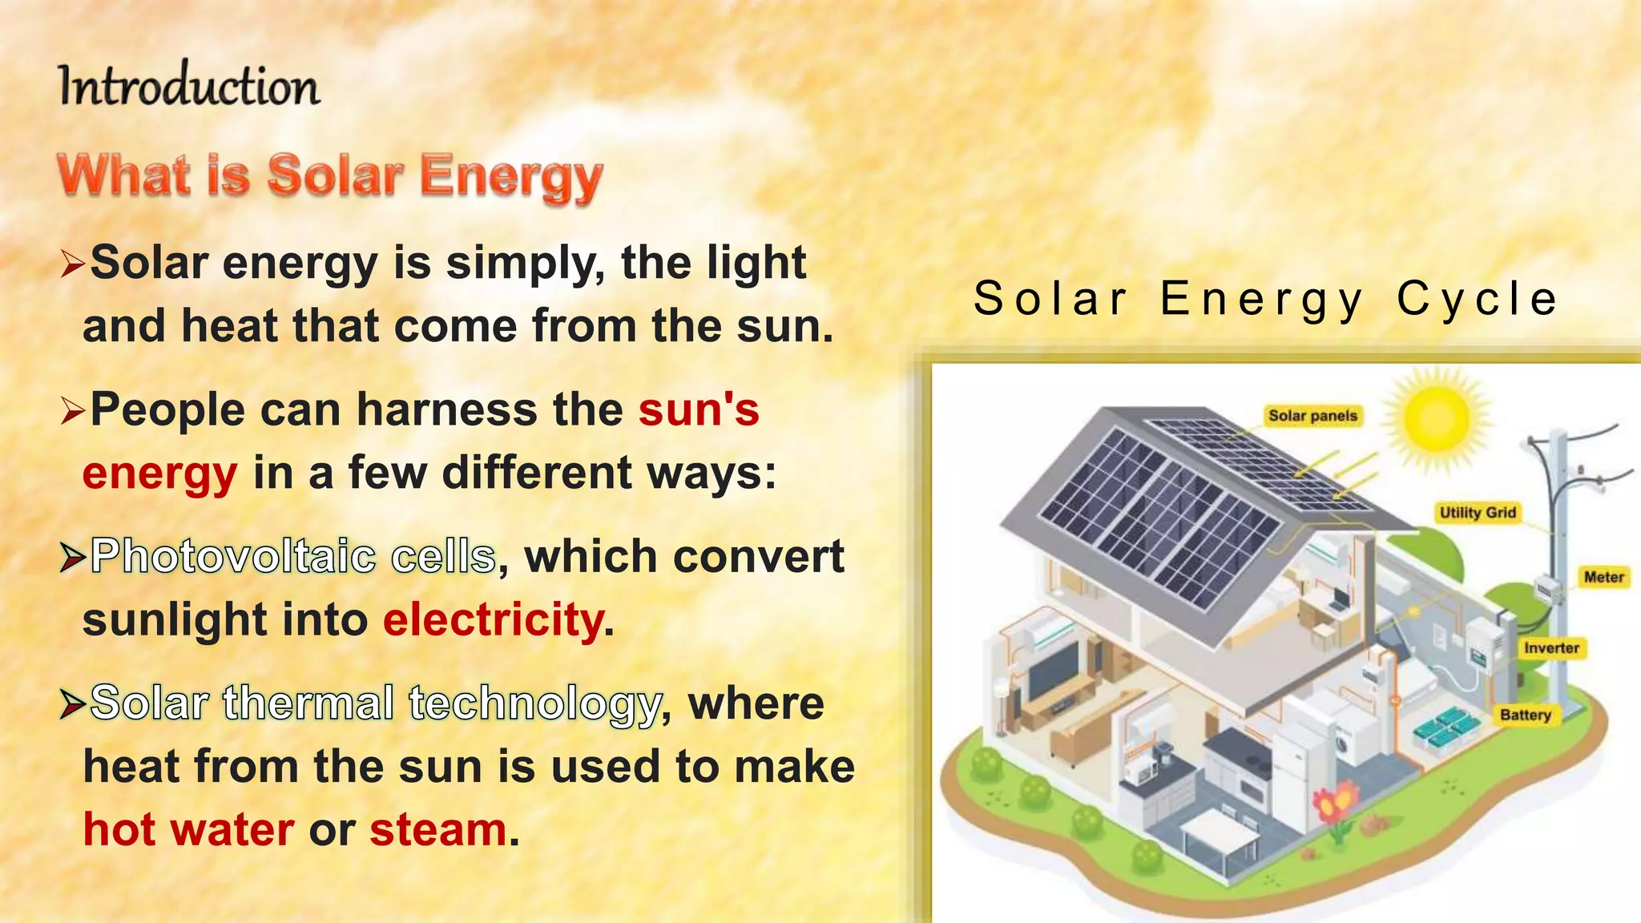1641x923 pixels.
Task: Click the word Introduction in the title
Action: coord(189,86)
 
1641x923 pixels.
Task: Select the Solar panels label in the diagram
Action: coord(1312,416)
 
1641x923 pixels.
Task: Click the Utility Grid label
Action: coord(1478,513)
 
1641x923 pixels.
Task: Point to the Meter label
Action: coord(1603,577)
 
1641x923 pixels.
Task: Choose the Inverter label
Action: coord(1551,648)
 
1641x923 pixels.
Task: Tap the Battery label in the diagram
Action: coord(1526,715)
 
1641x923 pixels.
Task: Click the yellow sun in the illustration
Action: coord(1436,418)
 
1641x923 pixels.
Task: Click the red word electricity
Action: coord(494,620)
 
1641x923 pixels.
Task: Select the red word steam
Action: coord(438,829)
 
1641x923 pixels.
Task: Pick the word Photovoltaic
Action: coord(233,556)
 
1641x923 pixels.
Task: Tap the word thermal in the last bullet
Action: coord(308,703)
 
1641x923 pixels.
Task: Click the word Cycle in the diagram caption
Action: coord(1478,299)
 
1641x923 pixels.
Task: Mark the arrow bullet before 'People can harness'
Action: coord(72,412)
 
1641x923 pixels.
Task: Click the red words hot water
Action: coord(189,829)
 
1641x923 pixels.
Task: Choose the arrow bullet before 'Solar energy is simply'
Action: coord(72,264)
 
